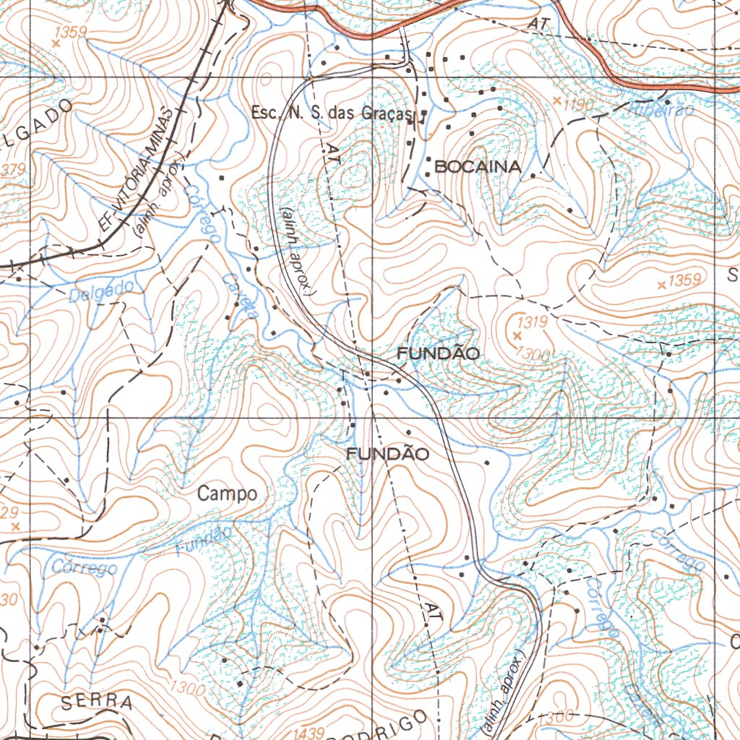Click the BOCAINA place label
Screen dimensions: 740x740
pos(476,167)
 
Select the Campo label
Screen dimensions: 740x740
pos(227,494)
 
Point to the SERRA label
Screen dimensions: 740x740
pos(97,702)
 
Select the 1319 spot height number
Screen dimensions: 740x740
pos(531,320)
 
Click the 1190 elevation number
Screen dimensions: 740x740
pos(579,106)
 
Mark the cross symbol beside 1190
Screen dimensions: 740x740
pos(557,99)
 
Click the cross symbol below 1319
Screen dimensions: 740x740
pos(516,336)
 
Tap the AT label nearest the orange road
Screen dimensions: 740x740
pos(538,24)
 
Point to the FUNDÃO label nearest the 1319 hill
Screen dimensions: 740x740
pos(439,354)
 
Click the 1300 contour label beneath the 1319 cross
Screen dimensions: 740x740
pos(533,352)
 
